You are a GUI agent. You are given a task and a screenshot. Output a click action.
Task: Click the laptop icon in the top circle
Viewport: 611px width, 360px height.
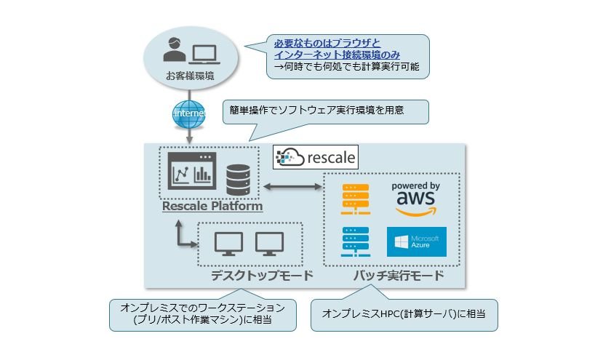pos(204,53)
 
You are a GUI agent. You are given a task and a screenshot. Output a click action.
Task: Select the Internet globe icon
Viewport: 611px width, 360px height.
pos(190,114)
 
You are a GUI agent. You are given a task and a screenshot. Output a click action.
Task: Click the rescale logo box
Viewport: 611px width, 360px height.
pos(315,156)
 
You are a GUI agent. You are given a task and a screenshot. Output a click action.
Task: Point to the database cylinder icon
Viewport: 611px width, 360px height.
pos(238,178)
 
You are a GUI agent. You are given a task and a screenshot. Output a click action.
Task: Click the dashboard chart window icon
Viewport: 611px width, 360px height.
pos(191,172)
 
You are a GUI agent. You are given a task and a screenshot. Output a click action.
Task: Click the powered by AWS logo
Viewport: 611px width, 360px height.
pos(415,199)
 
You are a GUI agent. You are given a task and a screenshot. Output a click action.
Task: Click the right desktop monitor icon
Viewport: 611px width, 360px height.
pos(268,244)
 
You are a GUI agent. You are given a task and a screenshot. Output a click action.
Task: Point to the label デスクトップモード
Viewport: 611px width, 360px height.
pos(262,276)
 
